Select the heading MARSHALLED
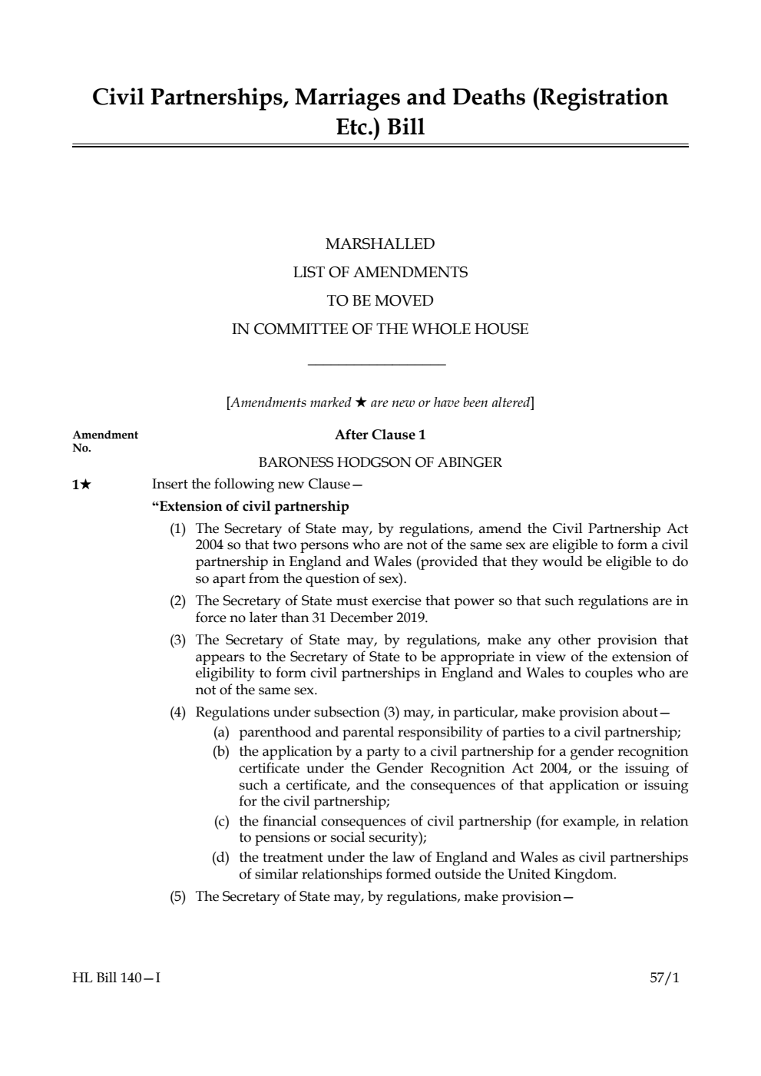[380, 244]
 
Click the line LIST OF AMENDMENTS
[380, 273]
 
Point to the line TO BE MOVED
[380, 301]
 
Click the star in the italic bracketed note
[360, 402]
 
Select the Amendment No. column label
[105, 441]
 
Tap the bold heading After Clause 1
[380, 435]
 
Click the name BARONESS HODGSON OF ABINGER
[380, 463]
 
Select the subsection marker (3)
[178, 641]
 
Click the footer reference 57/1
[665, 978]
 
